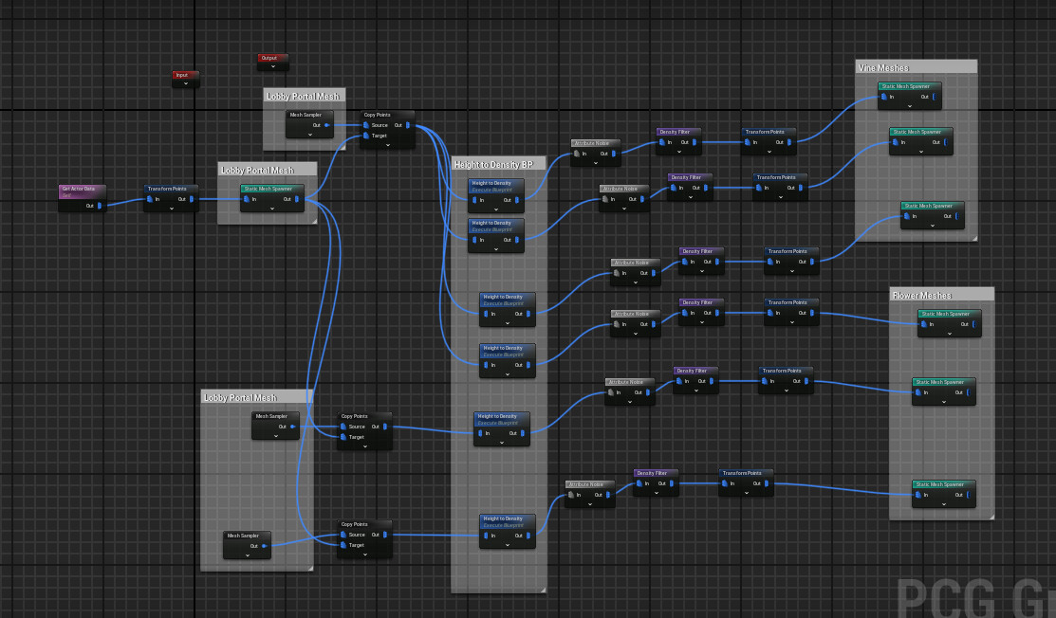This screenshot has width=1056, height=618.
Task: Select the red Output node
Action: click(x=272, y=59)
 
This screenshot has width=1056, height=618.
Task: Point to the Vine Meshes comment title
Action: click(x=883, y=67)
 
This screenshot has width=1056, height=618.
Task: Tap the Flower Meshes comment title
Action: click(x=922, y=295)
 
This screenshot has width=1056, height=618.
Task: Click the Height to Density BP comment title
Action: click(x=493, y=164)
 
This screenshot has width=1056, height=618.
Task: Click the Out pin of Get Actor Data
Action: click(x=100, y=205)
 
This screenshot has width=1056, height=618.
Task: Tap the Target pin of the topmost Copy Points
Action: click(x=366, y=136)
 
